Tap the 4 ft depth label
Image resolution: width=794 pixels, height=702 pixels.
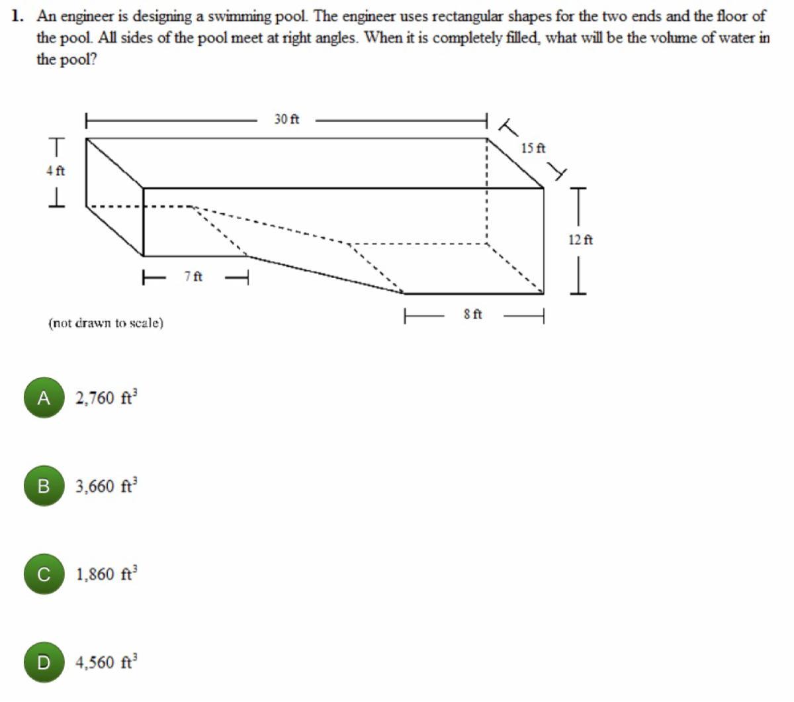coord(56,171)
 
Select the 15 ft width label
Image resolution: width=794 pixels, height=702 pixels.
coord(533,148)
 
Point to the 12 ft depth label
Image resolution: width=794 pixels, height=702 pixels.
coord(580,240)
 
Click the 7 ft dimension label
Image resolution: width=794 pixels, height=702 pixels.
coord(193,277)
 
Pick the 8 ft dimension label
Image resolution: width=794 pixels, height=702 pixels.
coord(472,314)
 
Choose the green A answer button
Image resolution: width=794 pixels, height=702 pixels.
coord(44,397)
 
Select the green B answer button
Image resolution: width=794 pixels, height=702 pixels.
coord(44,486)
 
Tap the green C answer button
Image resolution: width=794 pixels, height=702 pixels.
coord(44,574)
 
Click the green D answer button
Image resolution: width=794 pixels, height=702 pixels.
coord(44,662)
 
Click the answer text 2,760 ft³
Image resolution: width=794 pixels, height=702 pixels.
coord(107,397)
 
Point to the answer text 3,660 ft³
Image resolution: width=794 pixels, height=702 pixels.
coord(107,485)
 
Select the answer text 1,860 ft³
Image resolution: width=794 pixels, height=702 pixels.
coord(107,574)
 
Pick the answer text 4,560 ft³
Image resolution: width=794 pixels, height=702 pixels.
coord(107,662)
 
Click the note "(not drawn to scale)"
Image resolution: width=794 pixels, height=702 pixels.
coord(106,323)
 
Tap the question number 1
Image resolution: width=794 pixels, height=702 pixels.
coord(16,16)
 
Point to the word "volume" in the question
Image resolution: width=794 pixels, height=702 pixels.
coord(650,38)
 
